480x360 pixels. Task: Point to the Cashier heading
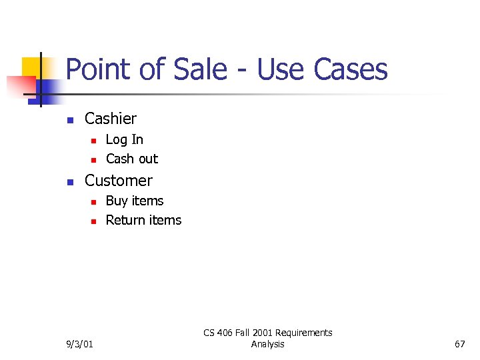coord(111,119)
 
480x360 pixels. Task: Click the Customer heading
coord(119,181)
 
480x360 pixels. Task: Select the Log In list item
coord(125,139)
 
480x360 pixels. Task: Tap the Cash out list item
coord(132,159)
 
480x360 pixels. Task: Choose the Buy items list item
coord(135,201)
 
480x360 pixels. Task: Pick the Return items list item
coord(143,220)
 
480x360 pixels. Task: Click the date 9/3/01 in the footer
coord(79,344)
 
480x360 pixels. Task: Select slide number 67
coord(459,344)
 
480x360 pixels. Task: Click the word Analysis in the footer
coord(267,344)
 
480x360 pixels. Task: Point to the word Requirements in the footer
coord(304,333)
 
